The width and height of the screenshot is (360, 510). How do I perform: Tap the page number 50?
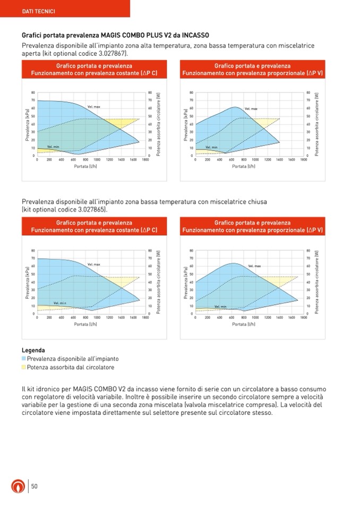[x=34, y=486]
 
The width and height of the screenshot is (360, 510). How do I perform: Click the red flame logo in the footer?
[x=18, y=486]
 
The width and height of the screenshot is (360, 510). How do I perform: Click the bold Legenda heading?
[x=33, y=350]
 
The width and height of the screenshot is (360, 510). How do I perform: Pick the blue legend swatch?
[x=24, y=359]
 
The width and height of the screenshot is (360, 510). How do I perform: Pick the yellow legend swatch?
[x=24, y=367]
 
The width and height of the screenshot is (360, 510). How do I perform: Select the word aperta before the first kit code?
[x=32, y=54]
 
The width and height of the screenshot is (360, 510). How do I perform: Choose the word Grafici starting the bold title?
[x=33, y=35]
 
